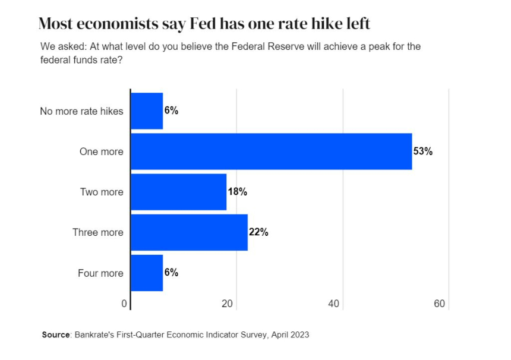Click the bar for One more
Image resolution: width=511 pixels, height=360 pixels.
pyautogui.click(x=271, y=151)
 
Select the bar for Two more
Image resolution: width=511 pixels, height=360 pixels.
pyautogui.click(x=178, y=192)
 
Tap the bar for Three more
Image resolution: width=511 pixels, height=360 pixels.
pyautogui.click(x=189, y=232)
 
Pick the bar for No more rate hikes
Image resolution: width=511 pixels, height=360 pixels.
pyautogui.click(x=146, y=111)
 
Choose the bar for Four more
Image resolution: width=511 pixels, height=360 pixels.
pyautogui.click(x=146, y=273)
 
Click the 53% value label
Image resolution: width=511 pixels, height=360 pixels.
pyautogui.click(x=423, y=151)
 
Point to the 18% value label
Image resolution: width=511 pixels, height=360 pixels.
pyautogui.click(x=237, y=192)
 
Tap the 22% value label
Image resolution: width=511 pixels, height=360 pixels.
pyautogui.click(x=258, y=232)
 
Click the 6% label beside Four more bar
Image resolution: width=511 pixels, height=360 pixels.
pyautogui.click(x=171, y=273)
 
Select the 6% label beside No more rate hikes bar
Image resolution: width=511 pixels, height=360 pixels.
pyautogui.click(x=171, y=110)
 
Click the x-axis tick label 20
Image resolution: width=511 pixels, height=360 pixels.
pyautogui.click(x=228, y=304)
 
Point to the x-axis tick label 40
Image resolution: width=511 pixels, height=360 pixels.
pyautogui.click(x=333, y=304)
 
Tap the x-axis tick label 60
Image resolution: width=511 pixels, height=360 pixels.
pyautogui.click(x=440, y=304)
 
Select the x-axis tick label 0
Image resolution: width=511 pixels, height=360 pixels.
pyautogui.click(x=124, y=304)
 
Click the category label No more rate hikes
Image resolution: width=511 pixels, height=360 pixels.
pyautogui.click(x=81, y=111)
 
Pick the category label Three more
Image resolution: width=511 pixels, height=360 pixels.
pyautogui.click(x=98, y=232)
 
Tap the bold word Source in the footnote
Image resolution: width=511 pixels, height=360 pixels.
pyautogui.click(x=56, y=335)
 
